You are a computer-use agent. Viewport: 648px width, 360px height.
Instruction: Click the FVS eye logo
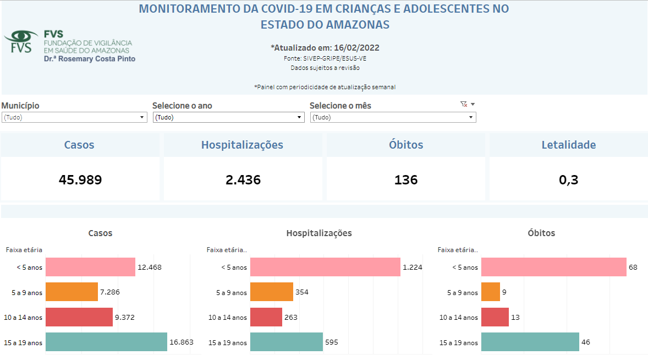pyautogui.click(x=21, y=41)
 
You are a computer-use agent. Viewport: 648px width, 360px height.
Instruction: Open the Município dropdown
pyautogui.click(x=74, y=117)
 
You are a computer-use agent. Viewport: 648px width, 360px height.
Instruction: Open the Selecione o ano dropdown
pyautogui.click(x=228, y=117)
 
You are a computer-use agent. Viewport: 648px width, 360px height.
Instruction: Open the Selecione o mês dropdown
pyautogui.click(x=393, y=117)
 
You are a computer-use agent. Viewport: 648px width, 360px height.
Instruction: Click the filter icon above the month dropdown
pyautogui.click(x=463, y=104)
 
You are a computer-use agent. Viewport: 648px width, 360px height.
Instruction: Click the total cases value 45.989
pyautogui.click(x=80, y=179)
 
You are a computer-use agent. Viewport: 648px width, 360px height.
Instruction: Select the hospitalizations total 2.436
pyautogui.click(x=243, y=179)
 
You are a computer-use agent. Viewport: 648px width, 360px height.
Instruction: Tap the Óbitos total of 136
pyautogui.click(x=406, y=179)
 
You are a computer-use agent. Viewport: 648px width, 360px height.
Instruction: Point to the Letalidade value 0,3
pyautogui.click(x=569, y=179)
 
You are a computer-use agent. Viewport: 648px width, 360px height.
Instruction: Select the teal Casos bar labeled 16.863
pyautogui.click(x=106, y=342)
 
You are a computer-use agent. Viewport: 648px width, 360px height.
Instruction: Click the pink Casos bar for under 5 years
pyautogui.click(x=90, y=267)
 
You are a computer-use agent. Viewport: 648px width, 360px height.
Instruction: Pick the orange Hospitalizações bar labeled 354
pyautogui.click(x=272, y=292)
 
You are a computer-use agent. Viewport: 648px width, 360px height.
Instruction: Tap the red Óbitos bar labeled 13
pyautogui.click(x=495, y=317)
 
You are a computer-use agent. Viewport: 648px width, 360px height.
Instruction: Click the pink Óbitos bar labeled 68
pyautogui.click(x=553, y=267)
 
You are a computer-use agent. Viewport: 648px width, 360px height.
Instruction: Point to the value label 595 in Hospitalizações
pyautogui.click(x=332, y=342)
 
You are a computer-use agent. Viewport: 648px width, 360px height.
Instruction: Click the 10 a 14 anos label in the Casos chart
pyautogui.click(x=24, y=318)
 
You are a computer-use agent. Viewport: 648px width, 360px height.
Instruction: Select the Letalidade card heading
pyautogui.click(x=569, y=145)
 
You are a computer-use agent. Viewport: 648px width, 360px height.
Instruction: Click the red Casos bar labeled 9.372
pyautogui.click(x=79, y=317)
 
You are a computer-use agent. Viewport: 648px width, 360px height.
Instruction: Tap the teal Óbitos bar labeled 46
pyautogui.click(x=530, y=342)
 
